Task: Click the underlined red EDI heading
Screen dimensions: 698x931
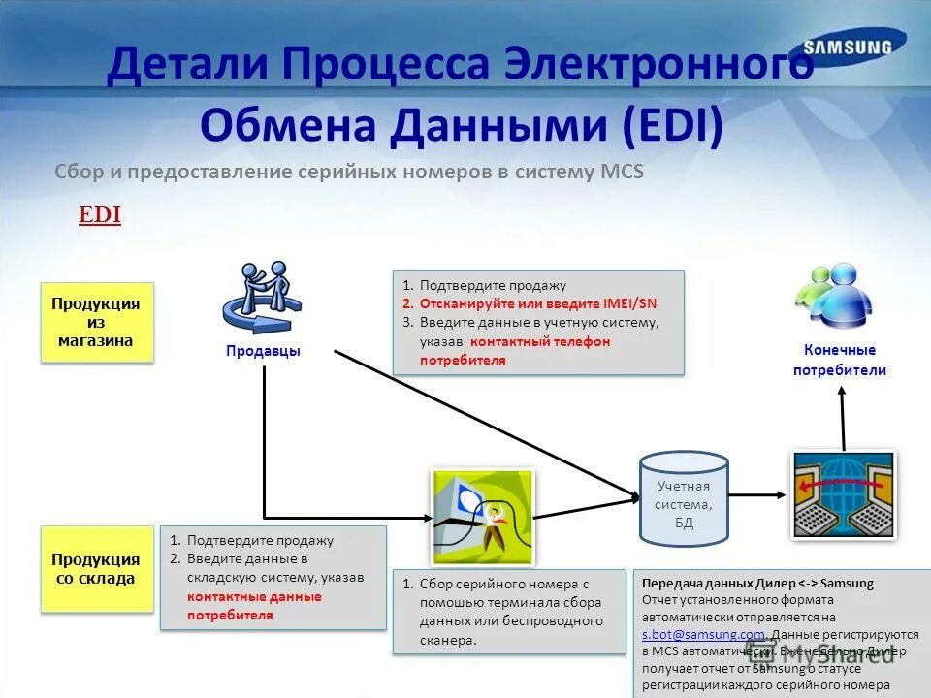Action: [100, 215]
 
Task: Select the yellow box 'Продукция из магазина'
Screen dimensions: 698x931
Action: [96, 323]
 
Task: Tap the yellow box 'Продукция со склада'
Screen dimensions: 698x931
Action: [96, 569]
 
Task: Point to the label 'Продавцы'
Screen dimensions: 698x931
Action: [264, 351]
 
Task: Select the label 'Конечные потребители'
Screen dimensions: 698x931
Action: [840, 360]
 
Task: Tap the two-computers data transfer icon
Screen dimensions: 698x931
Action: [843, 493]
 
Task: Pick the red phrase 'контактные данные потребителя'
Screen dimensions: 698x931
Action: [254, 606]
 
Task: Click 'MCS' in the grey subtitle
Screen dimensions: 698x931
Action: [622, 172]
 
